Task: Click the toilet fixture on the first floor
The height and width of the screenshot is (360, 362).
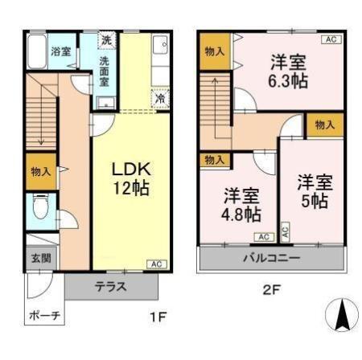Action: (41, 207)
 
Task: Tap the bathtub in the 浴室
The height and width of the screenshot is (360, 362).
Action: (37, 51)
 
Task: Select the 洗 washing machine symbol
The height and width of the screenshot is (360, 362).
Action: (107, 40)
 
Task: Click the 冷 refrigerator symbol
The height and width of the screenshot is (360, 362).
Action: (160, 99)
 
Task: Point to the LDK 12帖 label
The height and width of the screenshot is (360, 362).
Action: (131, 178)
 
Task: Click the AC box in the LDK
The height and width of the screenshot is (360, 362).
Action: (157, 264)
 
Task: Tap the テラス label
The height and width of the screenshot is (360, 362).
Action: (111, 287)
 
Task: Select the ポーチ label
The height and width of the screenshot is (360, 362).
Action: (44, 316)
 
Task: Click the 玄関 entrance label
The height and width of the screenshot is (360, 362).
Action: (41, 259)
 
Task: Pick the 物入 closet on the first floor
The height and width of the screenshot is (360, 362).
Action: (41, 171)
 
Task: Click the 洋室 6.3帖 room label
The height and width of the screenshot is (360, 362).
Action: (288, 72)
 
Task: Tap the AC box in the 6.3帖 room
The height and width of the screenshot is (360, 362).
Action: (331, 39)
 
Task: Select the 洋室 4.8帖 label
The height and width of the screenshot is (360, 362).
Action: (241, 205)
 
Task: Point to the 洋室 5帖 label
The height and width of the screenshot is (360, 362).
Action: (315, 191)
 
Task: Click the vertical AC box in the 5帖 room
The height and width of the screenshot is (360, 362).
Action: (286, 231)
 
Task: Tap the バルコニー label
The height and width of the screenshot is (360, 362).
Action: (271, 258)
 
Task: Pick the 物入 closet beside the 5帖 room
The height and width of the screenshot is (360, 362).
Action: (325, 125)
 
